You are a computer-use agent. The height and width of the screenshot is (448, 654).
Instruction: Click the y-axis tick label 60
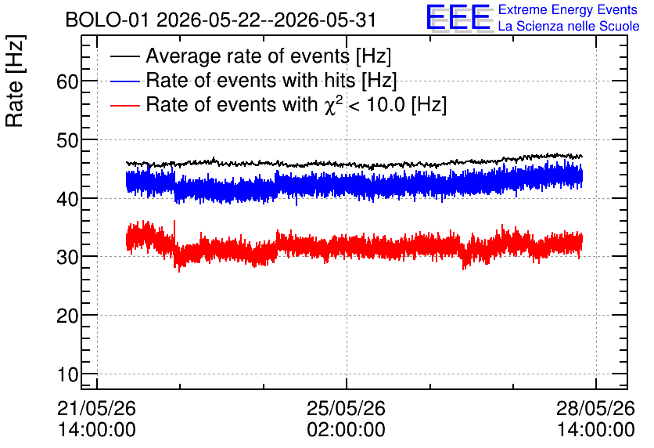click(67, 81)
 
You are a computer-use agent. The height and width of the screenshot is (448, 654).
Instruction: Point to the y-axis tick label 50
click(67, 140)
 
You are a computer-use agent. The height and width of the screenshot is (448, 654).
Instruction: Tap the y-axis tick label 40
click(67, 199)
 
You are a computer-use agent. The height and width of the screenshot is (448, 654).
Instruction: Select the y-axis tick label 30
click(67, 258)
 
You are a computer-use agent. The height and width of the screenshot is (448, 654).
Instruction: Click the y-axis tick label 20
click(67, 316)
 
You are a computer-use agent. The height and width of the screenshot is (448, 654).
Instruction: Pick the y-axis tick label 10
click(67, 374)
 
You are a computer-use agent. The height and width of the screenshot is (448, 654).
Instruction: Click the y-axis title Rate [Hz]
click(15, 81)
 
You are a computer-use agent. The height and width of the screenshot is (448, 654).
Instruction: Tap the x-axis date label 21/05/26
click(96, 408)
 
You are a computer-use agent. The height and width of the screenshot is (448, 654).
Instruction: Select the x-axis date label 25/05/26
click(347, 408)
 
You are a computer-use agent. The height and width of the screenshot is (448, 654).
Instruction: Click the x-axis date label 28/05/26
click(595, 408)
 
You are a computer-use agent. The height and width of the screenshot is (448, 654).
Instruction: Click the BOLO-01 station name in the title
click(107, 20)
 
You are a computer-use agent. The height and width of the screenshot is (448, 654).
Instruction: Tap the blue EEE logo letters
click(458, 17)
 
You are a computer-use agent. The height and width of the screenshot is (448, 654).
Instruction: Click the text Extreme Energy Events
click(568, 9)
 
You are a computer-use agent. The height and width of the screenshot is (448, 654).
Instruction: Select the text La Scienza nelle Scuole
click(569, 26)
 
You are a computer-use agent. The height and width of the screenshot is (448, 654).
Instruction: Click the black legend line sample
click(124, 56)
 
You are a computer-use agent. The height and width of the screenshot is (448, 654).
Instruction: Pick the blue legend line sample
click(124, 81)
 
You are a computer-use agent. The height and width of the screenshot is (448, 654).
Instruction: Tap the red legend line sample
click(124, 105)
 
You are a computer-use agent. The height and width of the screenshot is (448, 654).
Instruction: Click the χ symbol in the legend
click(330, 107)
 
